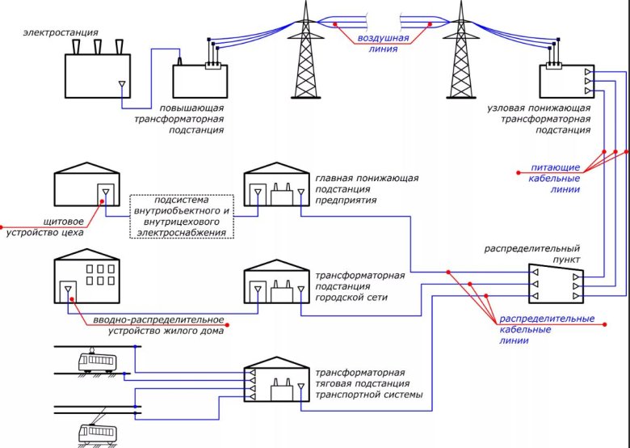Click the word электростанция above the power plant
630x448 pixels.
coord(61,32)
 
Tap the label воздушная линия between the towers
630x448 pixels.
coord(383,43)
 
